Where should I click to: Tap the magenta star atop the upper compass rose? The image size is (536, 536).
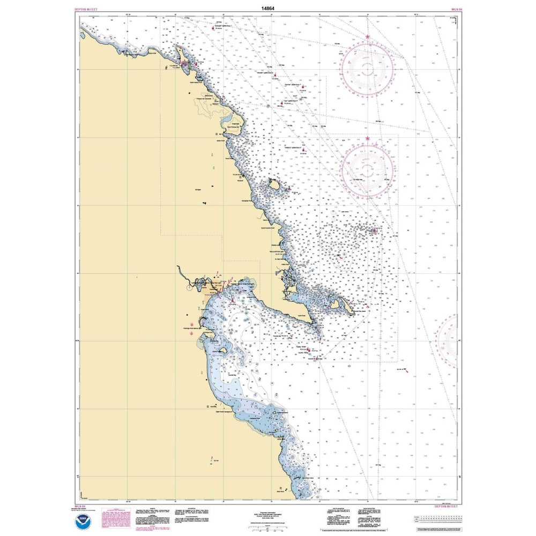368,37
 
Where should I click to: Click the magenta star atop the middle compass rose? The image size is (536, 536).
368,138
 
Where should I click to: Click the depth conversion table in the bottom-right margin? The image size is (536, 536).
440,520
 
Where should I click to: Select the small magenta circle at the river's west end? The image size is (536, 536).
189,287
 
